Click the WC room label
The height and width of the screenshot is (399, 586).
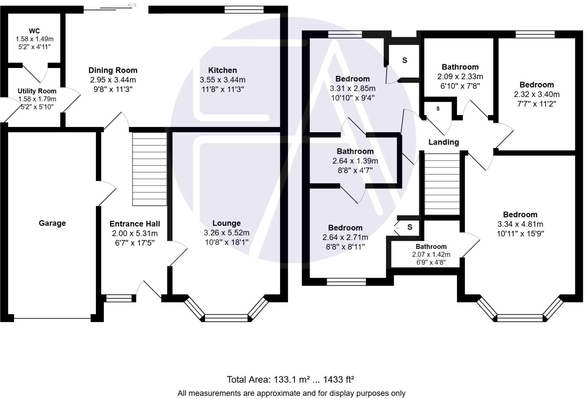34,31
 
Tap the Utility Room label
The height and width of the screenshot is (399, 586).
37,91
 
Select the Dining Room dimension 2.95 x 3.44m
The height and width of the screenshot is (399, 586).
113,80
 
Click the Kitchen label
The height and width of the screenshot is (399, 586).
223,70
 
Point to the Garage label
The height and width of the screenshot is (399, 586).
52,223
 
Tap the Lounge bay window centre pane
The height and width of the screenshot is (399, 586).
226,318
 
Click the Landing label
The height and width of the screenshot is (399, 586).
443,142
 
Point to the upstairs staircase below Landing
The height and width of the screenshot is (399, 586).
442,184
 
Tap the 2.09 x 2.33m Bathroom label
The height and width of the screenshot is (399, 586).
460,67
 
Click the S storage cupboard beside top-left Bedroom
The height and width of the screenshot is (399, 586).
404,60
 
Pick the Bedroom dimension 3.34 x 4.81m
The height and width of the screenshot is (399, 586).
520,224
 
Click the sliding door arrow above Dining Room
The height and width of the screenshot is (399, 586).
132,5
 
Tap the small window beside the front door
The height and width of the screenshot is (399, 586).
119,298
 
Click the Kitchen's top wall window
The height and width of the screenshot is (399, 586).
244,10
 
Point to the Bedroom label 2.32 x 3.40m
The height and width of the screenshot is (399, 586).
536,85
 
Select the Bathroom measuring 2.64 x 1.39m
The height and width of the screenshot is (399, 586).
355,161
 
